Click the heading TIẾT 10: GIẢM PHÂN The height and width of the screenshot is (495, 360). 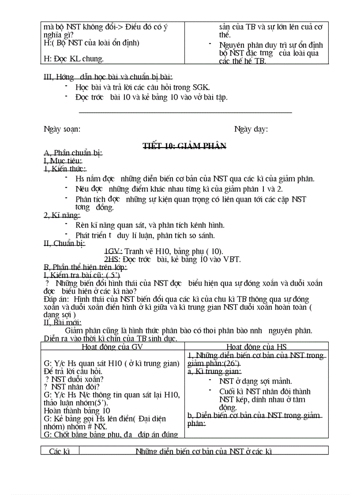coord(184,146)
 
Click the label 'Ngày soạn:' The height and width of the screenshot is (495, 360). coord(62,129)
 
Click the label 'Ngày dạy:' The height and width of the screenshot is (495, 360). coord(251,129)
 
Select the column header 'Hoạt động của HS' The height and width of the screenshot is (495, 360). coord(256,346)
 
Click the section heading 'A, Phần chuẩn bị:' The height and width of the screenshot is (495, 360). coord(73,153)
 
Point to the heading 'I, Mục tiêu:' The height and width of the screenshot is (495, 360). coord(63,161)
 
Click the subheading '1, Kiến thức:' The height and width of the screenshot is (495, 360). coord(65,169)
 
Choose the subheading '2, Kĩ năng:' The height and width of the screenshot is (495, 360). coord(62,216)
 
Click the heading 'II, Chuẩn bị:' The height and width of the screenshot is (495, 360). coord(64,243)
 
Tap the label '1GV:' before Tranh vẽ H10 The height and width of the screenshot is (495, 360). coord(113,251)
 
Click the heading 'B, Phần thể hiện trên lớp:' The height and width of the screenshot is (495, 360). coord(85,267)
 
